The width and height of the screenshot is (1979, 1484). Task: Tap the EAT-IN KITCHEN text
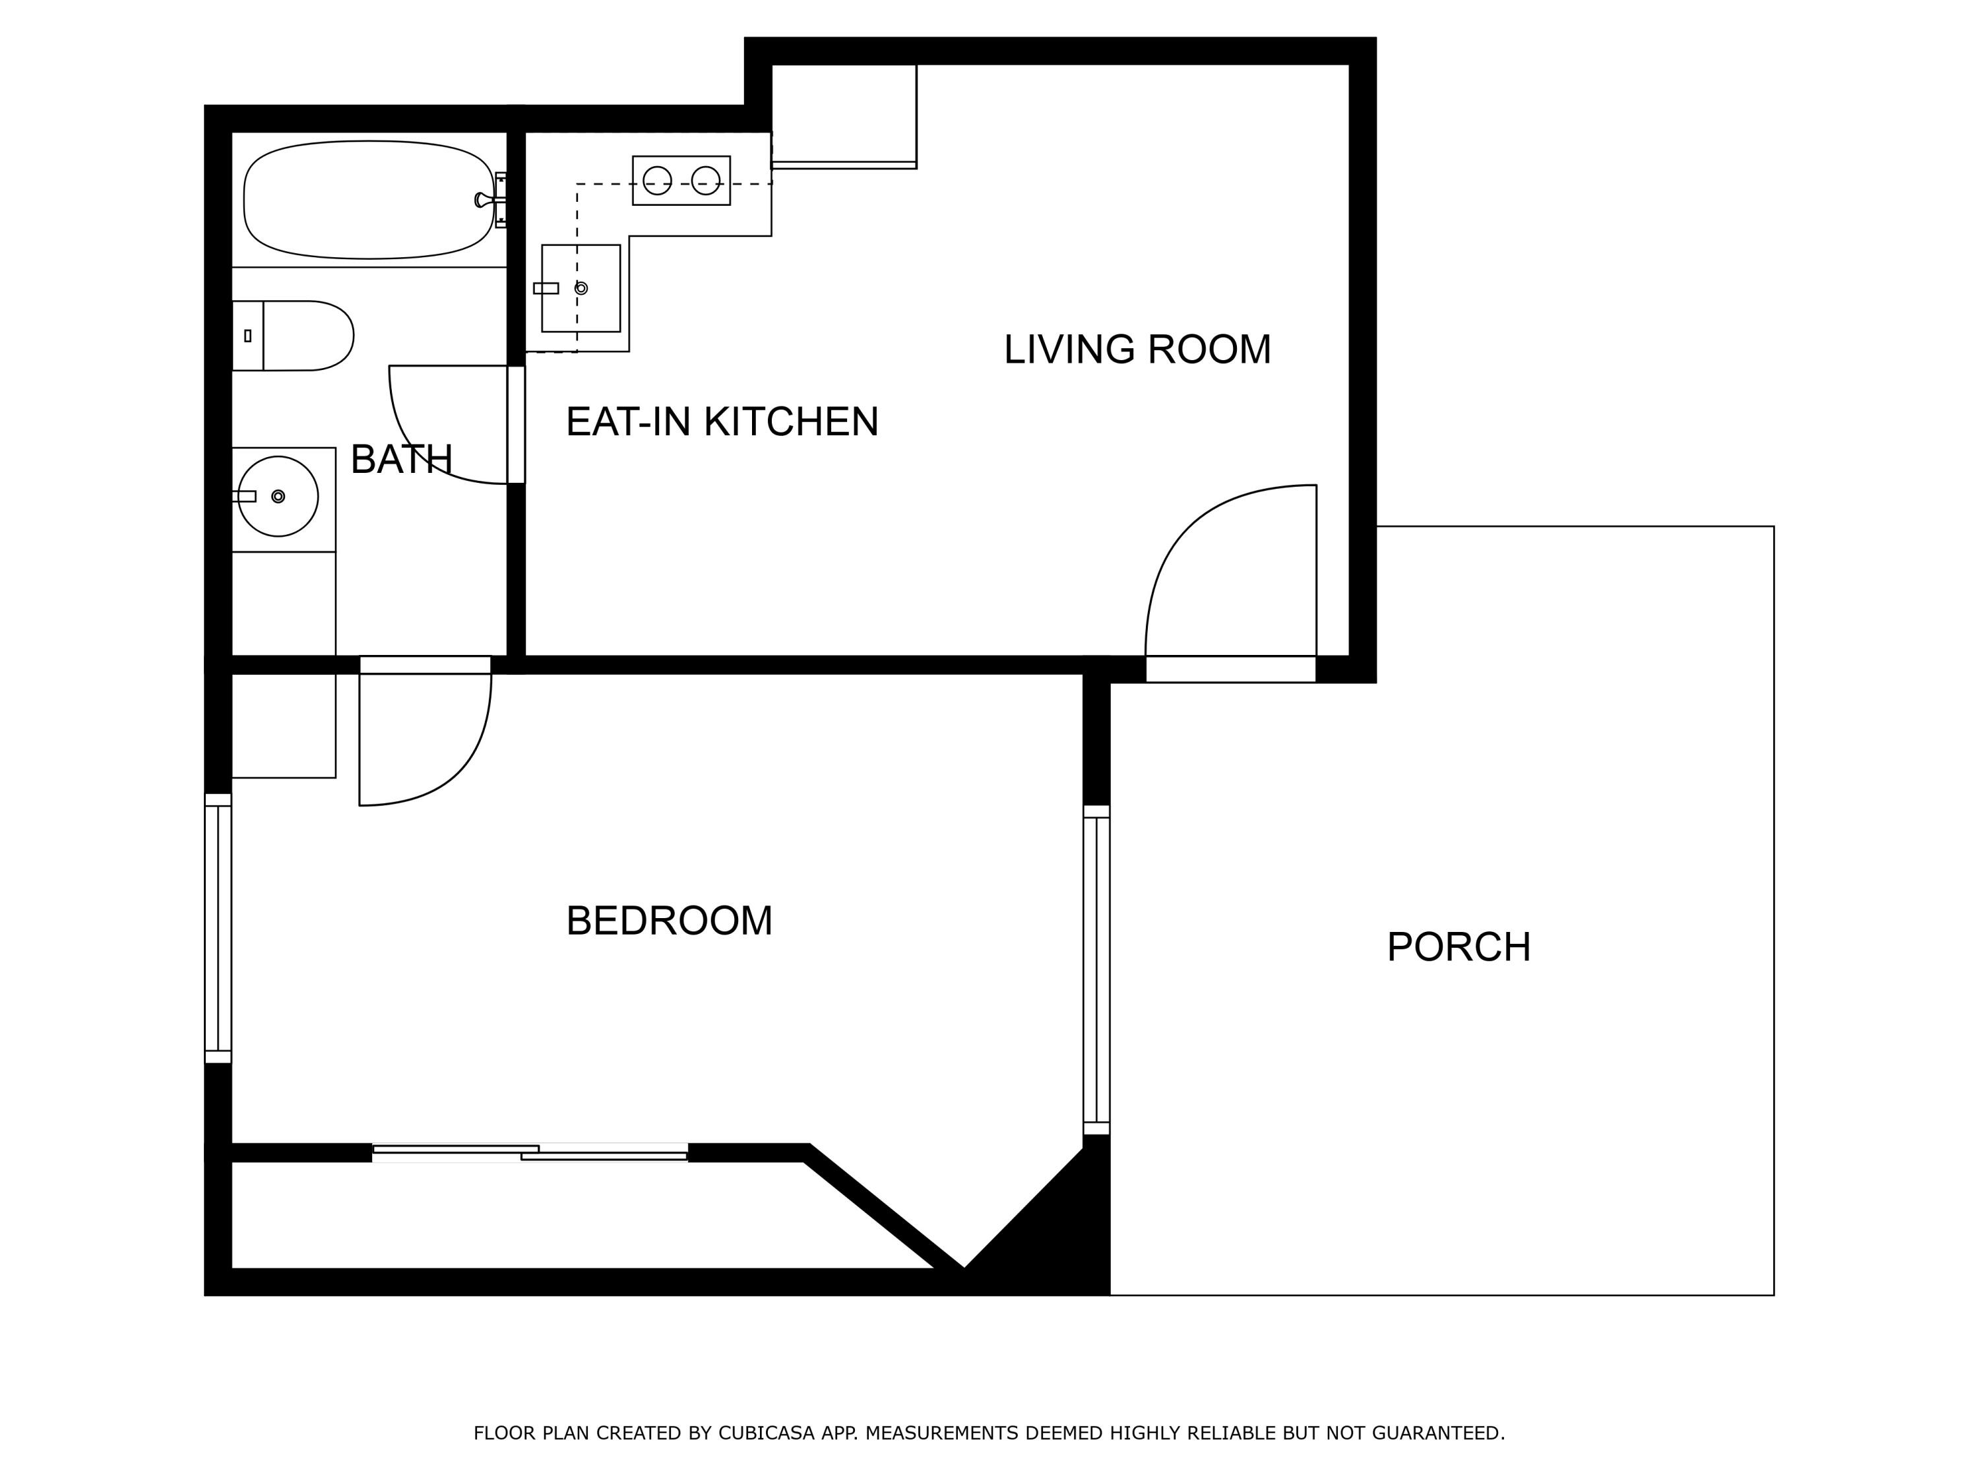point(721,422)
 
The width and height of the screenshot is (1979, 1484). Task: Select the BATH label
point(401,460)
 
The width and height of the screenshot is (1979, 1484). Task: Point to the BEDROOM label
point(669,921)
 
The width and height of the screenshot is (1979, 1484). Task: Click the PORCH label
point(1459,947)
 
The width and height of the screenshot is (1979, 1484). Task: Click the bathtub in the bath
point(367,199)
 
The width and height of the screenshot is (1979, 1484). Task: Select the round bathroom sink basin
point(278,497)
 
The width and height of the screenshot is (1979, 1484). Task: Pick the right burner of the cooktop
point(706,181)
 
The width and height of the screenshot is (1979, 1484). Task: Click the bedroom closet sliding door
point(530,1153)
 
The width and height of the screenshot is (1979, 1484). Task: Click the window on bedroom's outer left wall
point(218,929)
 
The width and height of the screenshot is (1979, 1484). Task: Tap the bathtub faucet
point(487,199)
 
